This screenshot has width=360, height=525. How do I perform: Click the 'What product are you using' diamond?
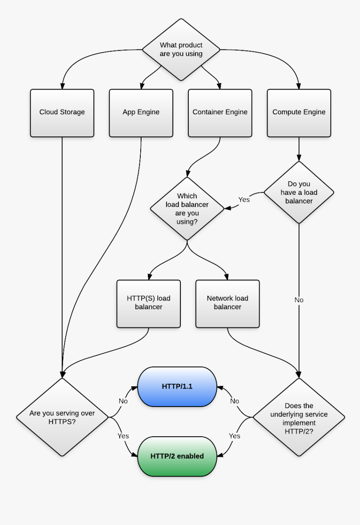coord(181,49)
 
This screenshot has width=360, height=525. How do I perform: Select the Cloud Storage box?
coord(62,113)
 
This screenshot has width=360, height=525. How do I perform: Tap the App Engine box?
coord(141,113)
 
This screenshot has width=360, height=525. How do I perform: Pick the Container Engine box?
coord(220,113)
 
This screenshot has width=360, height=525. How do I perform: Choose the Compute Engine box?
coord(299,113)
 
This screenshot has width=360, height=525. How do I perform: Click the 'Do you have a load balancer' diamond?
coord(299,193)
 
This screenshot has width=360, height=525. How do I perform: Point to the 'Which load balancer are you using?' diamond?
coord(187,208)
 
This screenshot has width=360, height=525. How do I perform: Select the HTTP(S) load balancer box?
coord(149,303)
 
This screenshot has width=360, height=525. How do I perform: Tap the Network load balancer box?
coord(227,303)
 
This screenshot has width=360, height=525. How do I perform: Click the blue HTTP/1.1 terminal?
coord(177,386)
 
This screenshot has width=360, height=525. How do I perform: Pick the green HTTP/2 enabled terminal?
coord(177,456)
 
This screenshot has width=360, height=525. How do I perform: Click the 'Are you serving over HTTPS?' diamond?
coord(62,417)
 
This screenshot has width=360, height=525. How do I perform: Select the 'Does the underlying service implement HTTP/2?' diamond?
coord(299,417)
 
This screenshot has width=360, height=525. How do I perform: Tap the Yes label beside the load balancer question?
coord(244,200)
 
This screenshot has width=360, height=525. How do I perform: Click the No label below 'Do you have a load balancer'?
coord(299,300)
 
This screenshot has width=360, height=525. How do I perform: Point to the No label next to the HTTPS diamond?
coord(123,401)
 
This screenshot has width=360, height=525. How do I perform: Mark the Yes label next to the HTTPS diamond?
coord(123,436)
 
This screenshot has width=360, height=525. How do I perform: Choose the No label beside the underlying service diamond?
coord(235,401)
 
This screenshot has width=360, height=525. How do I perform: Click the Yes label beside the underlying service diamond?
coord(235,436)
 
